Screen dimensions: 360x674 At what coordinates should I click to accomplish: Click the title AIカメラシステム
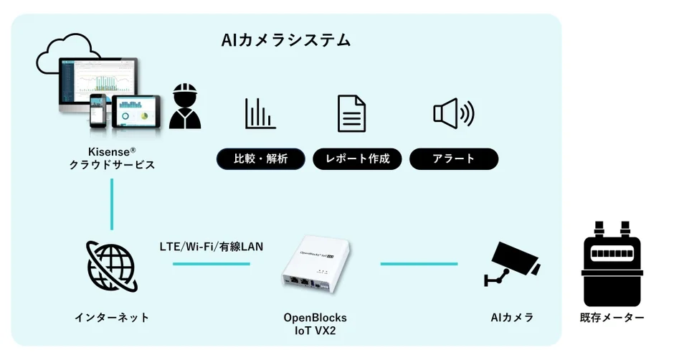pyautogui.click(x=286, y=39)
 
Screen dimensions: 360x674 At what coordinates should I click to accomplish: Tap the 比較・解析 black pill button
pyautogui.click(x=261, y=159)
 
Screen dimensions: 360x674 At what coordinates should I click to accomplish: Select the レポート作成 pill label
pyautogui.click(x=357, y=159)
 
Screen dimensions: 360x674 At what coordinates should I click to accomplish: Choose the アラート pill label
pyautogui.click(x=453, y=159)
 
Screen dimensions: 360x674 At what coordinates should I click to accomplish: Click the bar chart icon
pyautogui.click(x=260, y=113)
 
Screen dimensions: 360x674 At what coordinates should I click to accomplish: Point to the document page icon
pyautogui.click(x=351, y=113)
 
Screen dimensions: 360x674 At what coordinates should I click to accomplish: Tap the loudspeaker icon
pyautogui.click(x=453, y=113)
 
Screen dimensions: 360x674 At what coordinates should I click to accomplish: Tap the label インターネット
pyautogui.click(x=113, y=317)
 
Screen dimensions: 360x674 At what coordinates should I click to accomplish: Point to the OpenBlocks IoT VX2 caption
pyautogui.click(x=315, y=323)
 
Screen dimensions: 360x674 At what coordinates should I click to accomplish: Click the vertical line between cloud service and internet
pyautogui.click(x=112, y=204)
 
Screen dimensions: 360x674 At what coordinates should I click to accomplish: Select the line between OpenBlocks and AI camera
pyautogui.click(x=419, y=264)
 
